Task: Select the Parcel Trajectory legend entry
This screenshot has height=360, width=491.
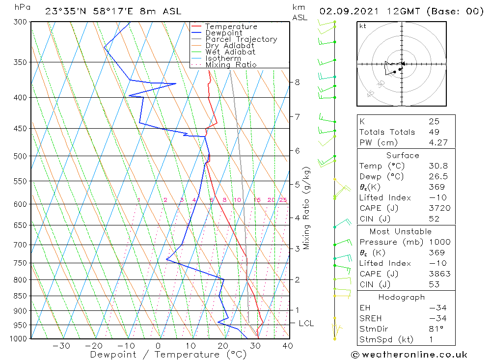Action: (x=241, y=39)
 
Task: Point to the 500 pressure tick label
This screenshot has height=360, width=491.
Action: (x=21, y=156)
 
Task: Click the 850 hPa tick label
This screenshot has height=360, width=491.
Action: (x=21, y=296)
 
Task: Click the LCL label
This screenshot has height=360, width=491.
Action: (x=306, y=323)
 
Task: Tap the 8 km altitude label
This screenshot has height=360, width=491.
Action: (x=297, y=82)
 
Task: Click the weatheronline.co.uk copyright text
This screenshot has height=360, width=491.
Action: (x=409, y=354)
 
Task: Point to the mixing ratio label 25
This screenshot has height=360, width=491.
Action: (x=283, y=200)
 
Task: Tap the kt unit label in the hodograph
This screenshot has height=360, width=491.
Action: (x=362, y=26)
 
